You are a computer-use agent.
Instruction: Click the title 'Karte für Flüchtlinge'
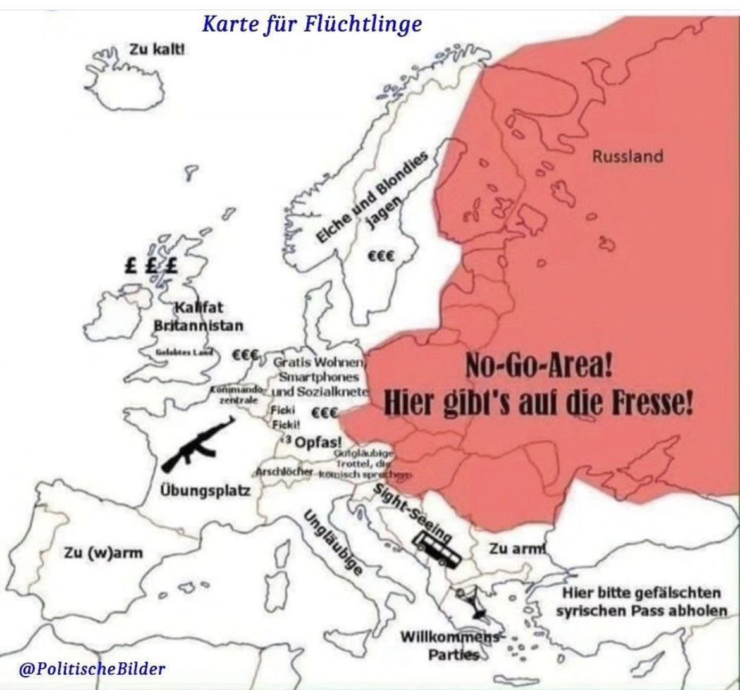(x=311, y=25)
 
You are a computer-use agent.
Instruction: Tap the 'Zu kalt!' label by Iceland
(x=157, y=49)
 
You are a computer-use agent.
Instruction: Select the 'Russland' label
(x=627, y=156)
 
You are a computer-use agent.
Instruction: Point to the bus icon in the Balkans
(x=436, y=547)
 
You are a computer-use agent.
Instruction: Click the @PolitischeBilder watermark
(x=92, y=668)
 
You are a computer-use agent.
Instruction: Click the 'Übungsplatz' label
(x=204, y=491)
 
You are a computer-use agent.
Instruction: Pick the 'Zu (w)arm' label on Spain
(x=102, y=553)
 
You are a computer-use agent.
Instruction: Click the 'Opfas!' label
(x=319, y=441)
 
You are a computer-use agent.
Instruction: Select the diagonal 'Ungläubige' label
(x=333, y=541)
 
